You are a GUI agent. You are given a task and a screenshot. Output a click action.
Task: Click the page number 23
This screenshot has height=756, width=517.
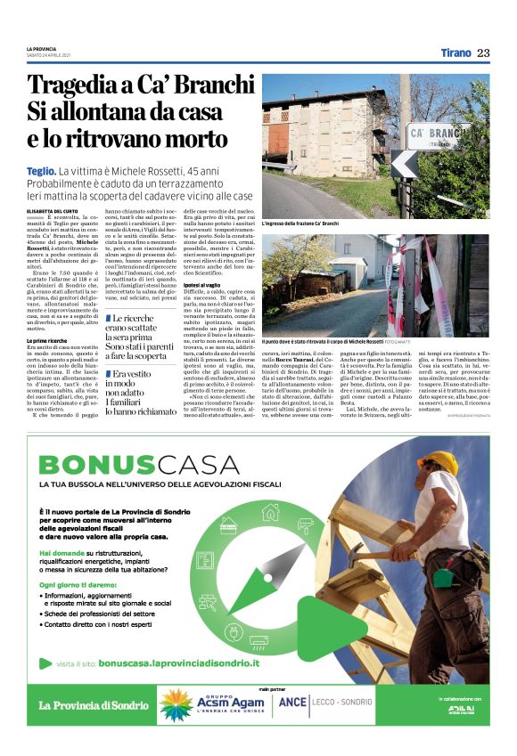pyautogui.click(x=482, y=53)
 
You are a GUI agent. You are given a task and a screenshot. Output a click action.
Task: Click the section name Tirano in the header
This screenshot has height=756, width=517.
pyautogui.click(x=455, y=53)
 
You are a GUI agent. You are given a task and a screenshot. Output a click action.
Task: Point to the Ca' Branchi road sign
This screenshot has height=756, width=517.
pyautogui.click(x=439, y=133)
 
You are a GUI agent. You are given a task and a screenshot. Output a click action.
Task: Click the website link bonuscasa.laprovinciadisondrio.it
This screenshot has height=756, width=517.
pyautogui.click(x=178, y=663)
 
